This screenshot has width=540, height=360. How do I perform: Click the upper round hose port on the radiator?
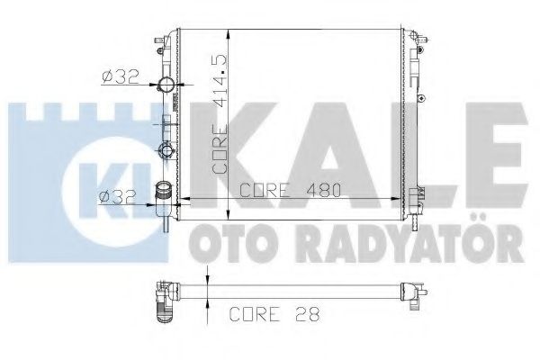[x=166, y=87]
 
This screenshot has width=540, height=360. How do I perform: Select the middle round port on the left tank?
[x=166, y=148]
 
